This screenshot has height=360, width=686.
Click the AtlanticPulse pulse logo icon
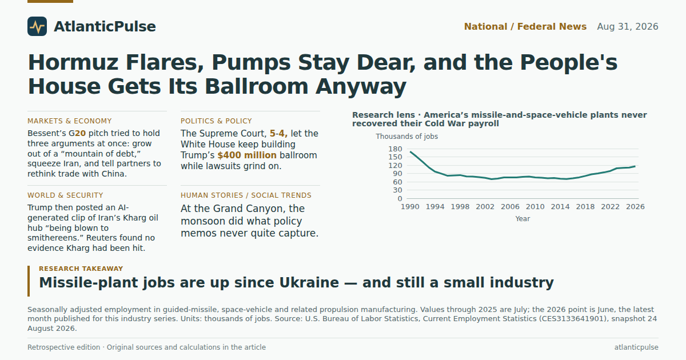point(37,26)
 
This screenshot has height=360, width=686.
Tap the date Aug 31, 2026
point(628,27)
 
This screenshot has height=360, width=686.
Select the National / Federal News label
point(525,27)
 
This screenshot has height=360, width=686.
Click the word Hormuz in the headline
point(73,62)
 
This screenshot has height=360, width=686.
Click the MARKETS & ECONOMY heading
point(70,121)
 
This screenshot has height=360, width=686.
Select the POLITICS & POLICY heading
point(216,121)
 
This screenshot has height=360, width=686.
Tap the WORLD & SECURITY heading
point(65,195)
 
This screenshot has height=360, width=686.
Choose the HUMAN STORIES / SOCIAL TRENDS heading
point(246,195)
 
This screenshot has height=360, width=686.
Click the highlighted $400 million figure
point(247,155)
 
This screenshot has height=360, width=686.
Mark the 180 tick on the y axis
point(395,149)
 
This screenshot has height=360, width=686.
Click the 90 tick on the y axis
point(397,174)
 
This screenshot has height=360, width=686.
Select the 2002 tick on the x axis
point(485,207)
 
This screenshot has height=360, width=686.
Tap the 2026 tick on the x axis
point(635,207)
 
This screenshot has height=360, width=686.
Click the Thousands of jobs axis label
point(406,137)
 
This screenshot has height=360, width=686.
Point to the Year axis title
point(523,219)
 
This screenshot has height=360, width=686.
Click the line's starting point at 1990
point(410,152)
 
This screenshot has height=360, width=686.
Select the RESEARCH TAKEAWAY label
point(81,269)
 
